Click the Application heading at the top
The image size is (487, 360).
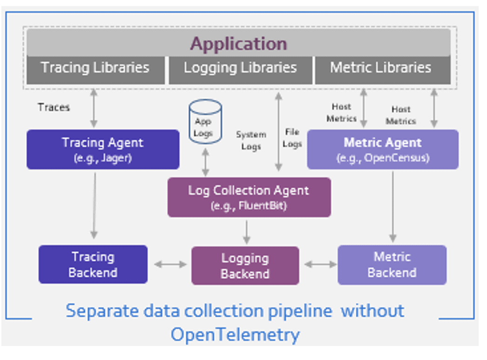[x=238, y=44]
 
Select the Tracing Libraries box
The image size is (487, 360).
[x=95, y=68]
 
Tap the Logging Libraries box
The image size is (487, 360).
[x=240, y=68]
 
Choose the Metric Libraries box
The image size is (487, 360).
[x=381, y=68]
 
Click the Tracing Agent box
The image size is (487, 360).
[x=103, y=149]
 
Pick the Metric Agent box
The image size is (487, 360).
[x=383, y=149]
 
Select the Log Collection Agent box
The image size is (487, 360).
[x=249, y=197]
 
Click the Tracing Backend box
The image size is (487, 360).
[x=93, y=264]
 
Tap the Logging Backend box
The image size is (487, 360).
[x=245, y=266]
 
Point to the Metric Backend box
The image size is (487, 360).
[x=392, y=265]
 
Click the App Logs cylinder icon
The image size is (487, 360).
[x=205, y=122]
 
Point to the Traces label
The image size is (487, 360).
[x=54, y=107]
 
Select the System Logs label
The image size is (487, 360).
[x=251, y=140]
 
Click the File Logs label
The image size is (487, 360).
[x=292, y=138]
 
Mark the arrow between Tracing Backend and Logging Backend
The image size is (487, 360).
[x=170, y=264]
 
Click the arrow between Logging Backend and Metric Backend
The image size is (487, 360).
[x=320, y=264]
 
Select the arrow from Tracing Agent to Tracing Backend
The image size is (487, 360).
[x=94, y=205]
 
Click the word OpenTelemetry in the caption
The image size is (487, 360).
[x=235, y=334]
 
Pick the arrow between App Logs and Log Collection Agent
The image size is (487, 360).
[x=205, y=161]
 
